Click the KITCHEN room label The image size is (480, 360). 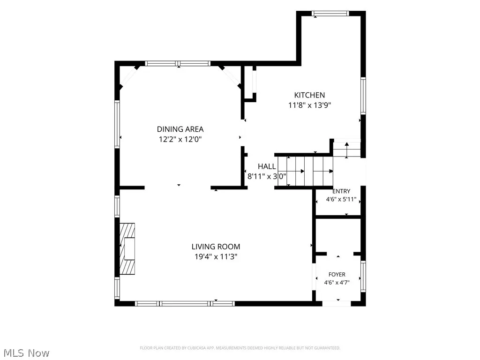[x=309, y=95]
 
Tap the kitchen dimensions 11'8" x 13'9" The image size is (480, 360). [x=309, y=105]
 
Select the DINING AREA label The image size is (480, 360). [x=180, y=129]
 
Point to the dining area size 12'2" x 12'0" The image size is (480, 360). [x=180, y=140]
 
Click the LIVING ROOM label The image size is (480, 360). [x=216, y=247]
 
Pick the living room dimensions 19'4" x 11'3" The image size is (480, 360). [x=216, y=257]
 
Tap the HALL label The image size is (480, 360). [x=267, y=166]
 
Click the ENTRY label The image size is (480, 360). [x=341, y=191]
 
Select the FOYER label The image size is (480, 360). [x=337, y=275]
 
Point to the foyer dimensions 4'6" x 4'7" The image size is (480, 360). [x=337, y=283]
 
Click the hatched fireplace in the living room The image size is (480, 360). [x=127, y=249]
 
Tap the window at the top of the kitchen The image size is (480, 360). [x=330, y=14]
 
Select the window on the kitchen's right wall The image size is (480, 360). [x=363, y=96]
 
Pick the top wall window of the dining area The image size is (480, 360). [x=178, y=64]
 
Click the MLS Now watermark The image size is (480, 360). [x=24, y=353]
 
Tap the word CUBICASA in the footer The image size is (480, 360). [x=196, y=348]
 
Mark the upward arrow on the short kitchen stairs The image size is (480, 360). [x=346, y=150]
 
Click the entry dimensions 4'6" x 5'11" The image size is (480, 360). [x=341, y=200]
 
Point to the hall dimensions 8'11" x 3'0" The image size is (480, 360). [x=267, y=176]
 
